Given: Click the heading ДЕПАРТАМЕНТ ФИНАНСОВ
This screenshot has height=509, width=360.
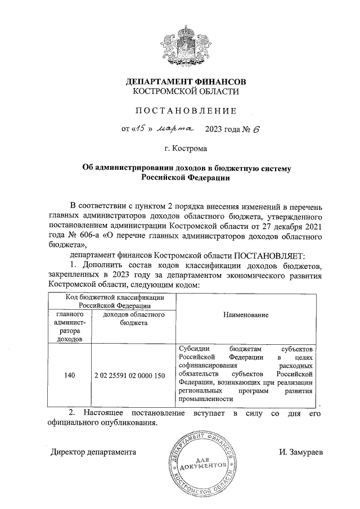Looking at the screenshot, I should (x=186, y=81).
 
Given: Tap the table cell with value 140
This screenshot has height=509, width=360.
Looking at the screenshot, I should (x=70, y=375).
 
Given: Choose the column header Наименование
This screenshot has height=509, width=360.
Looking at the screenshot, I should (x=245, y=316).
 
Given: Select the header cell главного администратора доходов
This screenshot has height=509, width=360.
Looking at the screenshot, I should (x=70, y=327).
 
